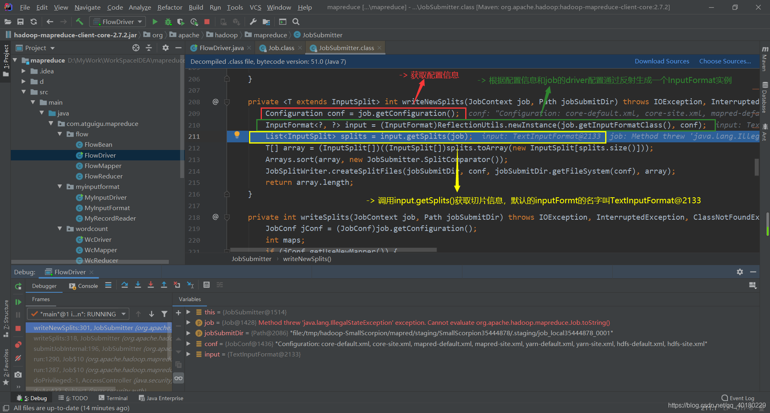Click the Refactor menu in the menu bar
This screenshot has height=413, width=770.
tap(170, 7)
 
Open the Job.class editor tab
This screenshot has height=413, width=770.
tap(281, 48)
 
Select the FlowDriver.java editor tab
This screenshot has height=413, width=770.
tap(221, 48)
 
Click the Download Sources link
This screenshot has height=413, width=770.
tap(662, 61)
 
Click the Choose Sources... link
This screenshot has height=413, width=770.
tap(725, 61)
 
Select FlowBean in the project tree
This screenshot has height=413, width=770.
tap(98, 144)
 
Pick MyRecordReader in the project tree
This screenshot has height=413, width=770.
tap(110, 218)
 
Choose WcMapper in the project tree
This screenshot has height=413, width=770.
tap(101, 250)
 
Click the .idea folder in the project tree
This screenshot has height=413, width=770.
tap(47, 71)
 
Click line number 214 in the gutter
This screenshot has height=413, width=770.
tap(194, 171)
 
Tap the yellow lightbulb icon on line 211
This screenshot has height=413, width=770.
tap(237, 135)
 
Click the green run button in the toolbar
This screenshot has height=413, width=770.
tap(155, 22)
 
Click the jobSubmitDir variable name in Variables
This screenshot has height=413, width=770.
tap(224, 333)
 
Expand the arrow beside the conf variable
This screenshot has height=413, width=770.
tap(188, 344)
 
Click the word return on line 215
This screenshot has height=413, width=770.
tap(278, 182)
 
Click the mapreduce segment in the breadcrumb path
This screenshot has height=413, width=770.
tap(270, 35)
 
